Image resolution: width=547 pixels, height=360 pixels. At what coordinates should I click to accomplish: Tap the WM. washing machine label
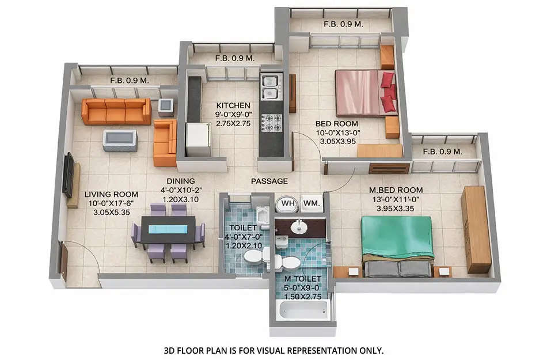pos(312,203)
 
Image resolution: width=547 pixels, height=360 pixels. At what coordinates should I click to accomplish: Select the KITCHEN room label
pos(233,105)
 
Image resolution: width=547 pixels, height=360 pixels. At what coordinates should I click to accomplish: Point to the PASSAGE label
pos(269,181)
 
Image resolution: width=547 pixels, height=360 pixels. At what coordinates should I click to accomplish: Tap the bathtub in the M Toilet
pos(302,309)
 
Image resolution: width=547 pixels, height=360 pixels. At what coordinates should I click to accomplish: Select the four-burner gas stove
pos(271,122)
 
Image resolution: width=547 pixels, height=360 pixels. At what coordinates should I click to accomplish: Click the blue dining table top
pos(168,229)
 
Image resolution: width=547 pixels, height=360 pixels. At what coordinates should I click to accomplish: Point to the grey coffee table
pos(120,139)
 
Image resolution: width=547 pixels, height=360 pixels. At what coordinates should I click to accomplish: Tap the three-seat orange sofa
pos(116,111)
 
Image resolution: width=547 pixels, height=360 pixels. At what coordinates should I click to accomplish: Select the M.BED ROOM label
pos(396,190)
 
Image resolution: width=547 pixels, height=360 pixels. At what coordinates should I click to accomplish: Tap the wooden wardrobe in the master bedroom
pos(476,229)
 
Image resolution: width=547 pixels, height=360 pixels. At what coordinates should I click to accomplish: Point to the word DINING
pos(177,179)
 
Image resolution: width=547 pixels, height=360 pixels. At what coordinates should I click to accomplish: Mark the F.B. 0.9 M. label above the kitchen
pos(234,58)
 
